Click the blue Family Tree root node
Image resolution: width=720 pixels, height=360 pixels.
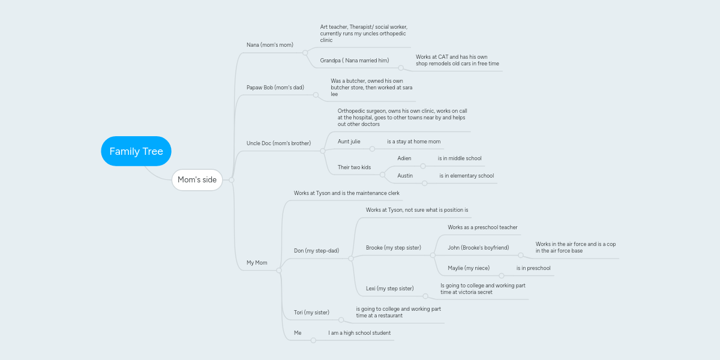(x=136, y=151)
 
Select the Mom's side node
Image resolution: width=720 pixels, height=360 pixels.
(x=197, y=180)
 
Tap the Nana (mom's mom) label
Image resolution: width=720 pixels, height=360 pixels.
(x=270, y=45)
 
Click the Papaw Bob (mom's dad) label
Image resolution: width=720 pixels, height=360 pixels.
(x=275, y=88)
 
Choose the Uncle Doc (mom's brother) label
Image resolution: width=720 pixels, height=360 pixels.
(x=278, y=143)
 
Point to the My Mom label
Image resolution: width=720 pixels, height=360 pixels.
(x=257, y=263)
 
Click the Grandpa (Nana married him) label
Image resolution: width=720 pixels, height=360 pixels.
(x=355, y=61)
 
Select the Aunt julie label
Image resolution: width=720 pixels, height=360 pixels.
(x=349, y=142)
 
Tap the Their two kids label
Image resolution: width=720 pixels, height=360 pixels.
(x=354, y=167)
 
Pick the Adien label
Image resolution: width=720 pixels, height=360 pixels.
(x=404, y=158)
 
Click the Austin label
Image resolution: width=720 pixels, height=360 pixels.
(x=405, y=176)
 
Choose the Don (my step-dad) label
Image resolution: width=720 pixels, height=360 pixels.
(x=316, y=251)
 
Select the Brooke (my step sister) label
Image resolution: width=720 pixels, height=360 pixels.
(x=394, y=248)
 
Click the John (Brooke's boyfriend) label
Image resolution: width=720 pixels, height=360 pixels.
(x=478, y=248)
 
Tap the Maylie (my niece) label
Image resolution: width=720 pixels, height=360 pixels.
(x=469, y=268)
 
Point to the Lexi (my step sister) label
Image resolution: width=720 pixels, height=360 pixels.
(x=390, y=289)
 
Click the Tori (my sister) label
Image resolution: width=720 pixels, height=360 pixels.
(x=311, y=313)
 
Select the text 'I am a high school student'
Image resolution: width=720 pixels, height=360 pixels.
(x=359, y=333)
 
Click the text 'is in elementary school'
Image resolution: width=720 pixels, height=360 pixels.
(x=467, y=176)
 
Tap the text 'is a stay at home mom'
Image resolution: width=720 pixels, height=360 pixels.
(x=414, y=142)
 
